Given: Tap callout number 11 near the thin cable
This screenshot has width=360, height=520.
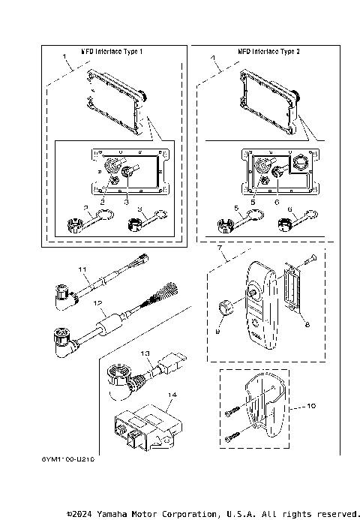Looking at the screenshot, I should (84, 268).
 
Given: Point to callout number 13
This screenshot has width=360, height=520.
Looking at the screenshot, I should (146, 353).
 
